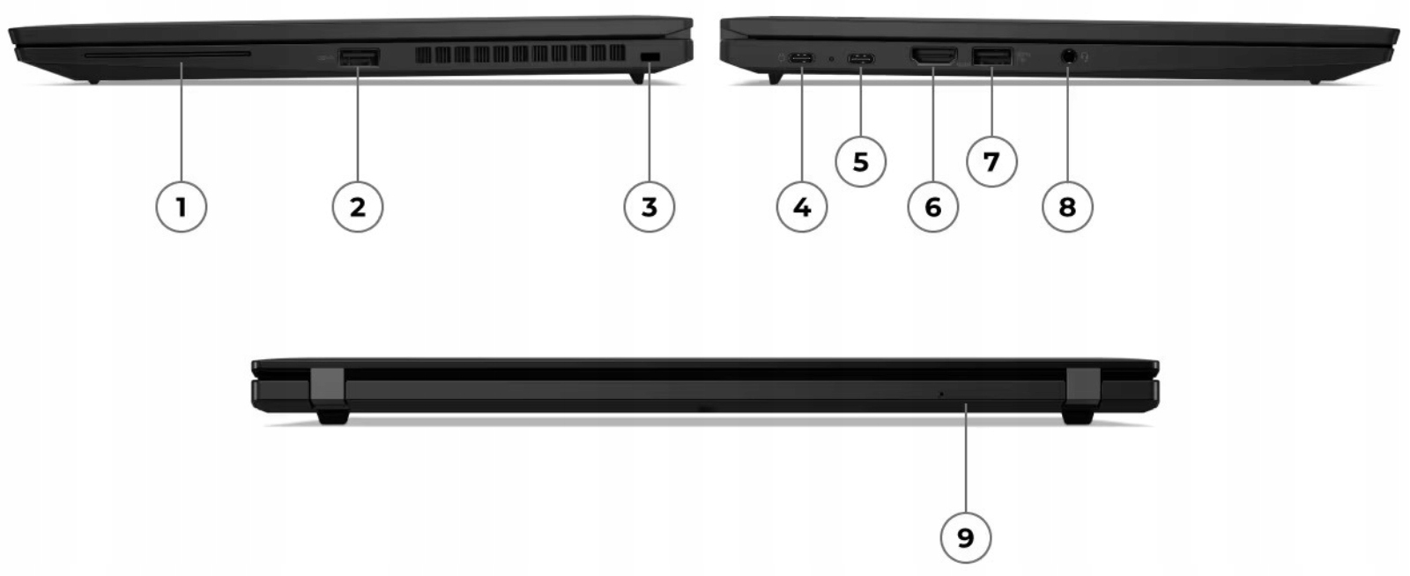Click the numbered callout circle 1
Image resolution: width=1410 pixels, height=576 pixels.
tap(181, 207)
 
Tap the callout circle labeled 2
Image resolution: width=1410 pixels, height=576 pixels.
tap(357, 207)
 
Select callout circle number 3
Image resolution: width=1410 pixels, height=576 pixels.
tap(649, 207)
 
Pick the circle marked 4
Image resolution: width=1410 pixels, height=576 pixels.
tap(802, 207)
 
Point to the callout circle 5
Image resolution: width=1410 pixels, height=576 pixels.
tap(861, 161)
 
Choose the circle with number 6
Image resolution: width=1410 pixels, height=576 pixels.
tap(933, 207)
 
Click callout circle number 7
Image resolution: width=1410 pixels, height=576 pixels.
tap(991, 161)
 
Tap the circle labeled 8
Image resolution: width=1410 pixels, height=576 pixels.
tap(1067, 207)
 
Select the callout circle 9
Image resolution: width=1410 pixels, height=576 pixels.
tap(965, 536)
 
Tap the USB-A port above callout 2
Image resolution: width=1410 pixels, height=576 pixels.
tap(359, 57)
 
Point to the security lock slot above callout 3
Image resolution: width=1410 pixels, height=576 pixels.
tap(649, 56)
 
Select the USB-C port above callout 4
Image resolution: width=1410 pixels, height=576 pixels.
tap(802, 59)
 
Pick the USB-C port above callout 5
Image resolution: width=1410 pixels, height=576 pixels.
tap(861, 59)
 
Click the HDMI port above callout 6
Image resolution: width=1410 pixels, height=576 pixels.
tap(933, 57)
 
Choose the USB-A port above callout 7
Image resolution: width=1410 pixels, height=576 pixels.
tap(991, 57)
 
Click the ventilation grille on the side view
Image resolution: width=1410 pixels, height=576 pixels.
tap(520, 55)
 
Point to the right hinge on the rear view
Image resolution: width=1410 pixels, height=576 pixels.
tap(1080, 395)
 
